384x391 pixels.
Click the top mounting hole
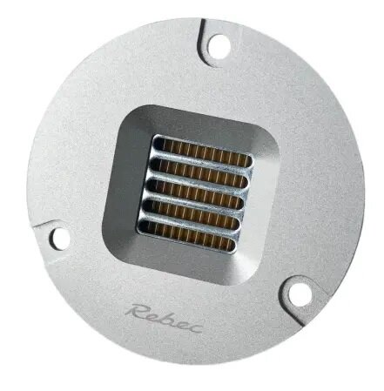pos(218,44)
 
